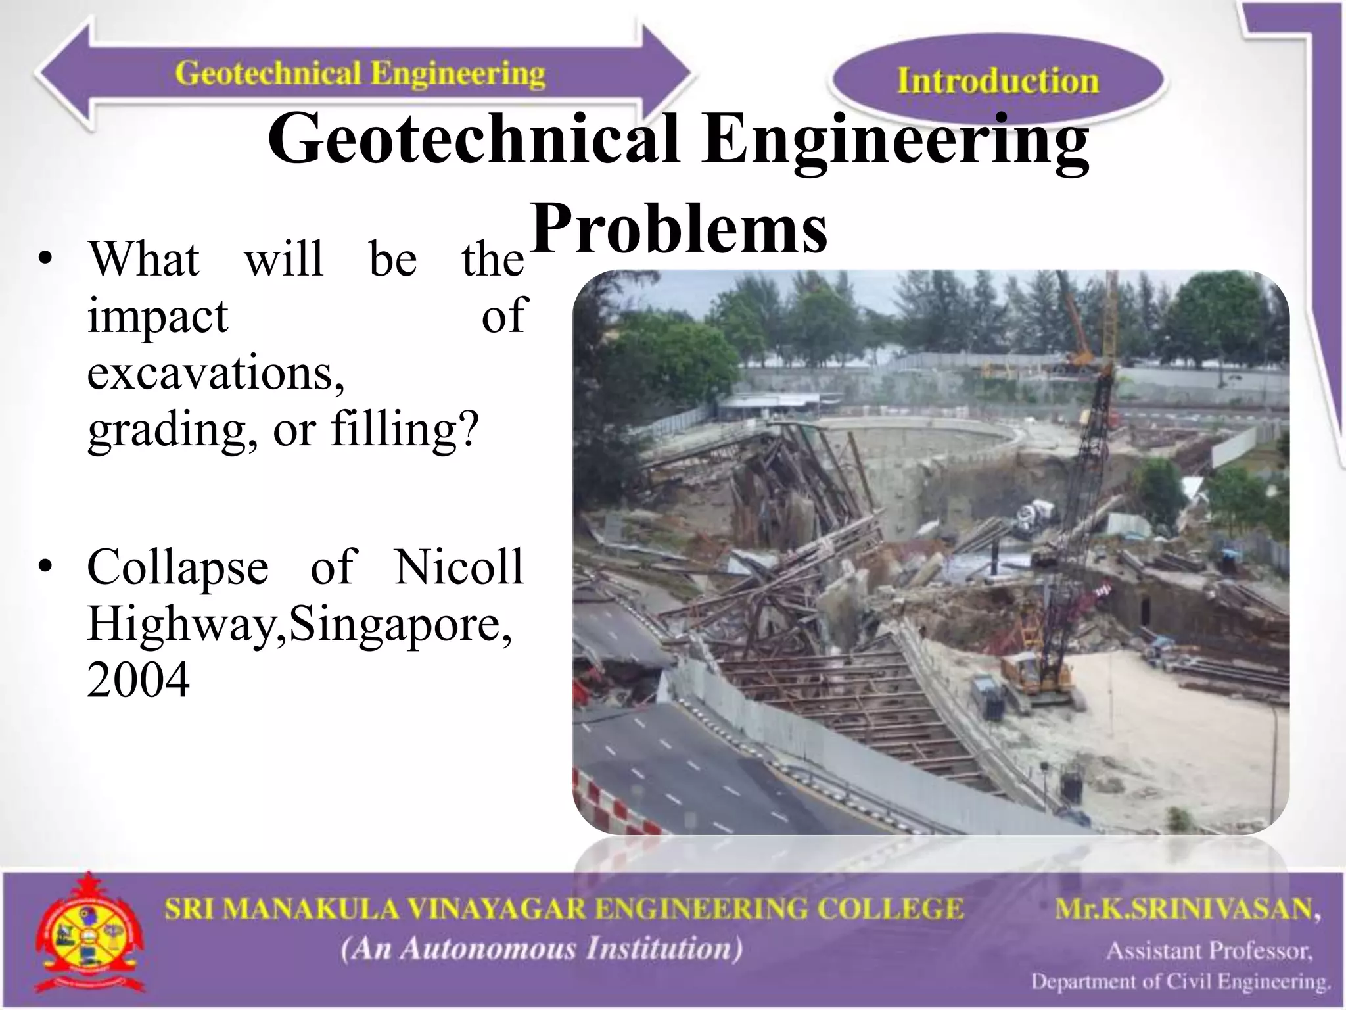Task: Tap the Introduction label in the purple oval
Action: pos(998,82)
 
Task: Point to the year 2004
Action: pos(139,680)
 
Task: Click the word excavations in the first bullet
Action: pos(216,373)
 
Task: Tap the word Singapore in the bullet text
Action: pos(400,623)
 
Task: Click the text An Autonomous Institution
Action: pos(542,949)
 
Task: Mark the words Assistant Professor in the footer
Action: pos(1209,951)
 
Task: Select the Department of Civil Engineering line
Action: pos(1180,982)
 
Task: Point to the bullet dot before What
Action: pos(45,260)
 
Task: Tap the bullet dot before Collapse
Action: pos(45,567)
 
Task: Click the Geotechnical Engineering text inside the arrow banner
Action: pos(360,74)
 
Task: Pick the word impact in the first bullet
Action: pos(158,316)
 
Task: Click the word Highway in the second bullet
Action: pos(187,623)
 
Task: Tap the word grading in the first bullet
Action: pos(173,431)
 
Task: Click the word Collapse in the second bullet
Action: pos(178,567)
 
